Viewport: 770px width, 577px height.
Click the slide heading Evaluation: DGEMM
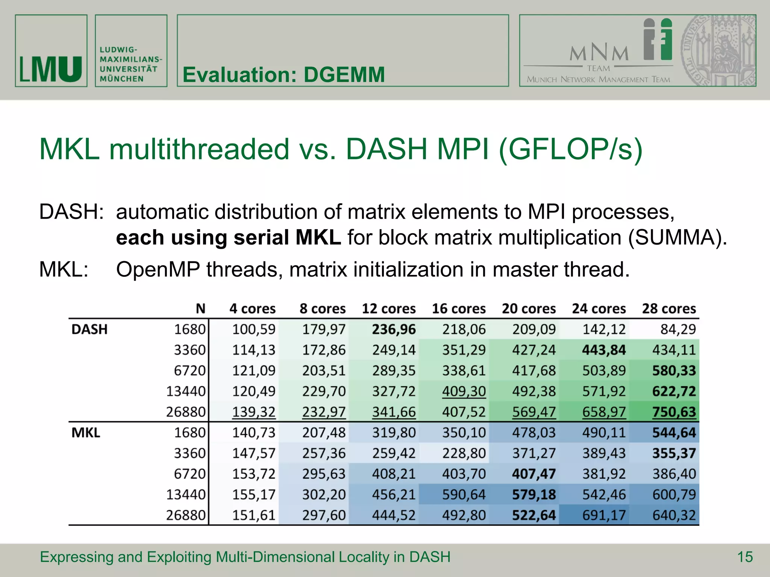(283, 74)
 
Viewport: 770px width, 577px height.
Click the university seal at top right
(718, 51)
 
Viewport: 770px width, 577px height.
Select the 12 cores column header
(388, 308)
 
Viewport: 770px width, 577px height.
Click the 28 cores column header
(669, 308)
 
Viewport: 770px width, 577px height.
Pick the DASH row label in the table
(89, 329)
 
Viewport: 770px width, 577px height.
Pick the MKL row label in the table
(86, 432)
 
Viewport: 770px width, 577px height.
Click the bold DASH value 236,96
(394, 329)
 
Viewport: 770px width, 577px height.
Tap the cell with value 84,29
(678, 329)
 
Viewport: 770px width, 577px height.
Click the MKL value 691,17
(604, 515)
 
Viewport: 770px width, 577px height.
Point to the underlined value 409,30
(464, 391)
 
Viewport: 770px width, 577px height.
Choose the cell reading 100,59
(253, 329)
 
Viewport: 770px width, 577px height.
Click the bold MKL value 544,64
(674, 433)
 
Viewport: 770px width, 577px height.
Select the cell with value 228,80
(464, 453)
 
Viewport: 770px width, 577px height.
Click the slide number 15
(745, 557)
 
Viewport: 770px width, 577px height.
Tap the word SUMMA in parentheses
(676, 238)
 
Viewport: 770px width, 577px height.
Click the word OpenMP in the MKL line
(158, 270)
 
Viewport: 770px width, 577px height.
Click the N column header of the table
(200, 308)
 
